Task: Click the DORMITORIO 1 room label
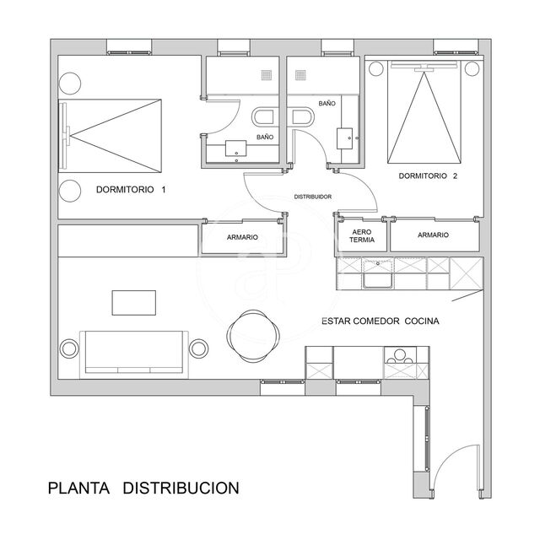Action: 131,190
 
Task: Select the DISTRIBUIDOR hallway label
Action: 312,197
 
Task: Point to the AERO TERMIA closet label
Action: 361,235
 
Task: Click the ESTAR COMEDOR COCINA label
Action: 379,321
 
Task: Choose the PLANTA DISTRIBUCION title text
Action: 143,488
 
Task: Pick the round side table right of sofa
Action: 199,347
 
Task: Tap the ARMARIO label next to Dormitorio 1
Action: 242,238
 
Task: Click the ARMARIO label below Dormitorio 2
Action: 433,235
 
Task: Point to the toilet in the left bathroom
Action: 262,118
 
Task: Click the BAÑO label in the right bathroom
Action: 328,102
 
